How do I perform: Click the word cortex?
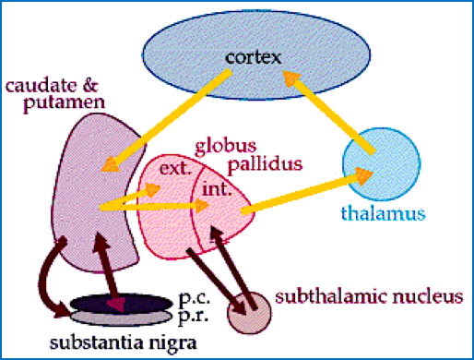252,62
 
